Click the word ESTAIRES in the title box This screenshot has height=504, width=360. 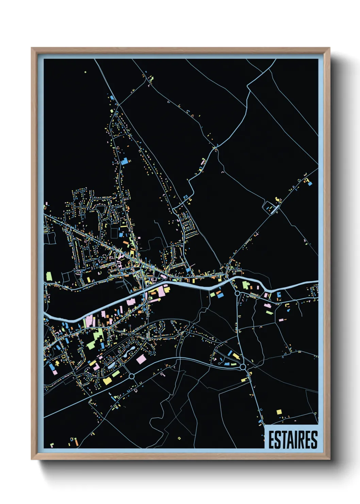(293, 440)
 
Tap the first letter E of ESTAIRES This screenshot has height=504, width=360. (271, 440)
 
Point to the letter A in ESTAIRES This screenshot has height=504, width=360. (288, 440)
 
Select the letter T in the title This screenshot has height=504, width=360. (282, 440)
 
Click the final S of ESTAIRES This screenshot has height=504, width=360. (314, 440)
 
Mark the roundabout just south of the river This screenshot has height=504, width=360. (237, 293)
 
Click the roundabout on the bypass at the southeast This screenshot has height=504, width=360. (243, 367)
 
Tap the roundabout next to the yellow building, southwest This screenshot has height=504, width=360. (132, 376)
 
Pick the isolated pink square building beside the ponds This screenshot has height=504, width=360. (141, 359)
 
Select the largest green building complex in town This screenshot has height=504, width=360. (96, 339)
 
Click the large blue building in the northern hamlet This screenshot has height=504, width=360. (124, 161)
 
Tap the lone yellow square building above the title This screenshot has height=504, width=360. (279, 412)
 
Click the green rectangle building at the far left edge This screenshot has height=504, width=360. (49, 276)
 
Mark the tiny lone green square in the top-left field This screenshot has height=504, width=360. (85, 72)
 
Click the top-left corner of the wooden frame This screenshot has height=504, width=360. (32, 48)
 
